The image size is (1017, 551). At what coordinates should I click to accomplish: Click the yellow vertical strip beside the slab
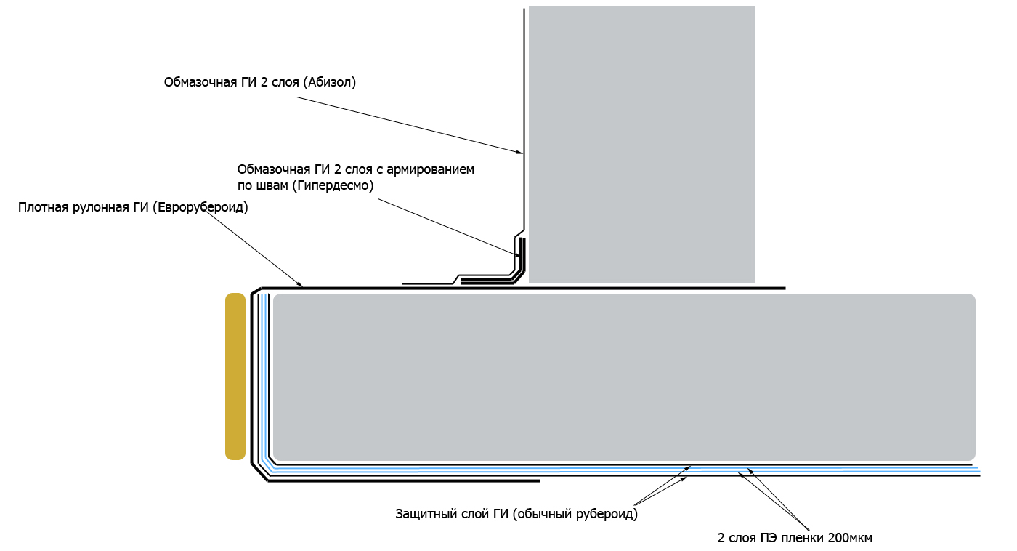tap(235, 377)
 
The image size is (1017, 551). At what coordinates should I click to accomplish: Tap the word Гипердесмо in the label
tap(333, 185)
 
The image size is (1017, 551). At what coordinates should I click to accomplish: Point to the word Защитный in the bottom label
tap(424, 514)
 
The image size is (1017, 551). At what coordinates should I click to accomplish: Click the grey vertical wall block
tap(641, 145)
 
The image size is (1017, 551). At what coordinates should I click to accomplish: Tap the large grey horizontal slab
tap(624, 377)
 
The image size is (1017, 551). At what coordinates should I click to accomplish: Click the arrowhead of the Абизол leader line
tap(520, 152)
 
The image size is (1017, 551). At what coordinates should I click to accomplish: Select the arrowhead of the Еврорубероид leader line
tap(299, 284)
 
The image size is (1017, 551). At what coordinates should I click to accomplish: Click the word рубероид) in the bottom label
tap(607, 514)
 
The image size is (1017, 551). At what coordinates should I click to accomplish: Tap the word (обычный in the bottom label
tap(543, 514)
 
